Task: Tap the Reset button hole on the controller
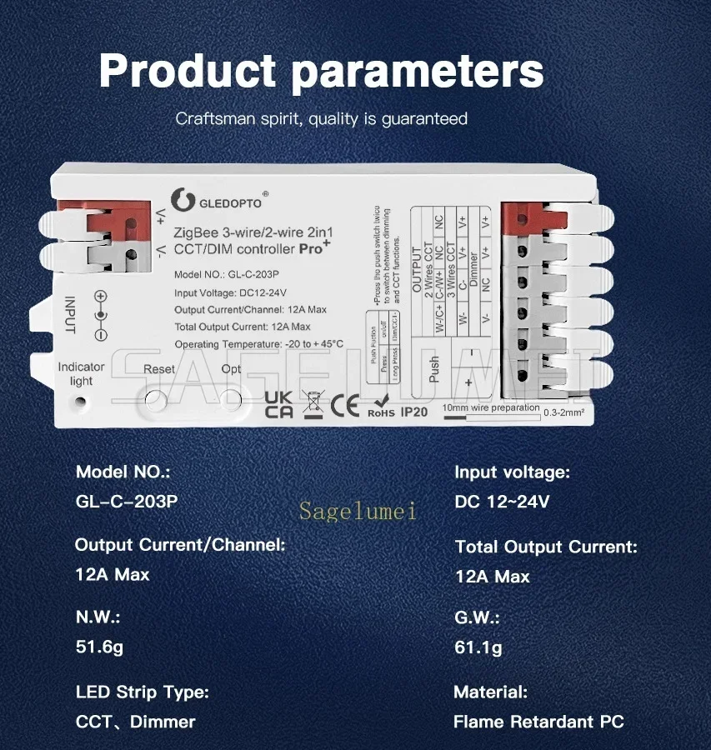[154, 400]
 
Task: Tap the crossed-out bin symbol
[312, 403]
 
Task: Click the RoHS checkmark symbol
[381, 403]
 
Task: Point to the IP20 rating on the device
[414, 411]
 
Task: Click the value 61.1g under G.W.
[478, 647]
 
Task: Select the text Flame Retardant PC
[538, 722]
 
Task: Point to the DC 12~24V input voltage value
[502, 502]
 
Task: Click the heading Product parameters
[321, 70]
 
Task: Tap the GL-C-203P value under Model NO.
[127, 502]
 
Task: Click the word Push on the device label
[433, 369]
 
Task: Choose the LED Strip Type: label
[142, 692]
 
